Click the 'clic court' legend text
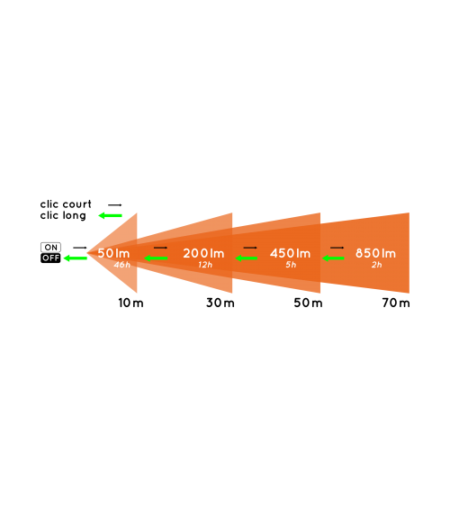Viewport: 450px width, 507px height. pos(66,204)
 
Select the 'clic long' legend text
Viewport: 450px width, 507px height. pos(63,215)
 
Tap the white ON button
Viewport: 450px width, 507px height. pos(50,248)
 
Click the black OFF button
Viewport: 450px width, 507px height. pos(50,258)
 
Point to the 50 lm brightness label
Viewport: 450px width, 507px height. pos(113,253)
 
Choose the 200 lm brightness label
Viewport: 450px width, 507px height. pos(203,253)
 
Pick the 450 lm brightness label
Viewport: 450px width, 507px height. pos(290,253)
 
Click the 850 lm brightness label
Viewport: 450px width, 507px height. pos(375,253)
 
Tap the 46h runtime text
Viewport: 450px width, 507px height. pos(122,265)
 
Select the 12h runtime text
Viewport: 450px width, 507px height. pos(205,265)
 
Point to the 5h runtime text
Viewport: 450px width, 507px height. pos(291,265)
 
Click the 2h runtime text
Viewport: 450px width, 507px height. pos(377,265)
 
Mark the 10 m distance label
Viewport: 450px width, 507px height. pos(130,303)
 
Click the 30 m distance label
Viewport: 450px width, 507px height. pos(220,303)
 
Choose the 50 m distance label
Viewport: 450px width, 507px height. pos(308,303)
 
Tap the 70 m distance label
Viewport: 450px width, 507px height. pos(396,303)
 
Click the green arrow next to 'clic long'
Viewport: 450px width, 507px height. pos(110,215)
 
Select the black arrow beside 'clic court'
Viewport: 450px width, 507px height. pos(115,205)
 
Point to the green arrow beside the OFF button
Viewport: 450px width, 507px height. pos(76,258)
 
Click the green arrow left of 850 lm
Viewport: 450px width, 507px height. pos(333,258)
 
